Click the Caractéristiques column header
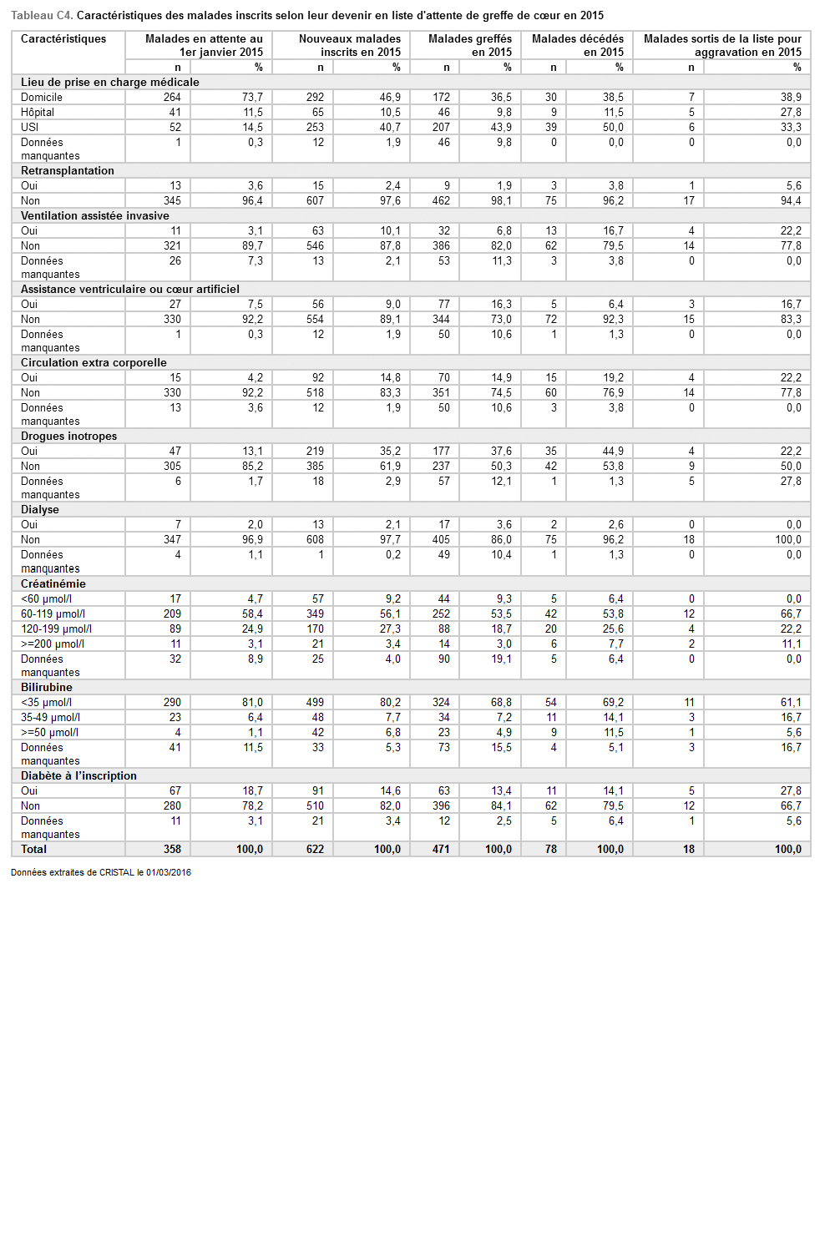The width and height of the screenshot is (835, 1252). [x=63, y=39]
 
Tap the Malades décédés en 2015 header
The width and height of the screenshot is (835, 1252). [x=578, y=45]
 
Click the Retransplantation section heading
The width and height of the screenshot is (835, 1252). [x=68, y=171]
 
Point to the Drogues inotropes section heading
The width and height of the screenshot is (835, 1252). [x=68, y=437]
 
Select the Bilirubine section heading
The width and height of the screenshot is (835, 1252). [x=47, y=688]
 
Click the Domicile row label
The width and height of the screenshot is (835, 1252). [x=42, y=98]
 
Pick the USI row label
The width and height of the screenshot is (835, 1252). [x=30, y=128]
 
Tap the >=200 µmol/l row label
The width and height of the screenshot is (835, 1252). [x=53, y=644]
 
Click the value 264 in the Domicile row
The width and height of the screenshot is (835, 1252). [x=172, y=98]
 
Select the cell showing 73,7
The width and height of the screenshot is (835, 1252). [x=252, y=98]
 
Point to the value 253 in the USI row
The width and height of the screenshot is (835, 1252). [x=315, y=128]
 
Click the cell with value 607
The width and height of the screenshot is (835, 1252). [x=315, y=201]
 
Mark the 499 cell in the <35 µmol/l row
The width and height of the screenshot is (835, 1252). [x=315, y=703]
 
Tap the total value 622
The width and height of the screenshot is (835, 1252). [x=315, y=850]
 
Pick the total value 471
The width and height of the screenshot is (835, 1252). [x=441, y=850]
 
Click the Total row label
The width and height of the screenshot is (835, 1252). [x=34, y=850]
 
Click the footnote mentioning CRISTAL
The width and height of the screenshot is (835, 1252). [x=101, y=873]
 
